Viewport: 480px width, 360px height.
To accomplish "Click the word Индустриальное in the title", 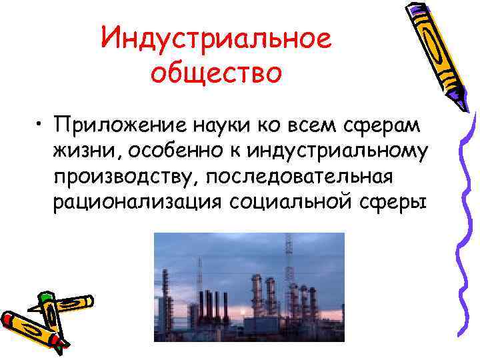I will (216, 39).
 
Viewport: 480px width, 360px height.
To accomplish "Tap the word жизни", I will (81, 150).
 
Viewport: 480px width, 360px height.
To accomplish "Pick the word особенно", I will (155, 150).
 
